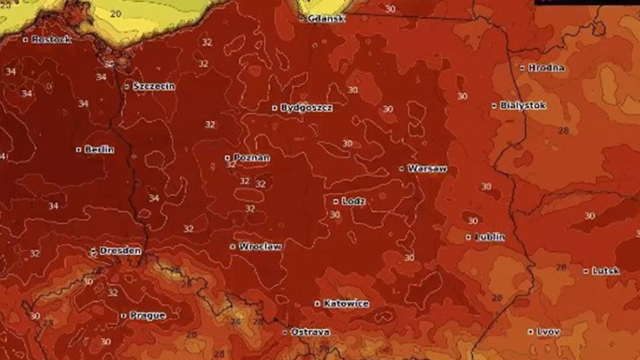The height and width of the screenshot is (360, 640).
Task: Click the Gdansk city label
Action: tap(326, 19)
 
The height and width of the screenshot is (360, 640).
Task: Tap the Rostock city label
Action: tap(51, 39)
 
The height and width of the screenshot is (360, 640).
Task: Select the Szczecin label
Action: tap(154, 86)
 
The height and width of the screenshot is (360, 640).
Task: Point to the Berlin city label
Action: tap(99, 150)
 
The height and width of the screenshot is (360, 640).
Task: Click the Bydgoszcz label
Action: tap(307, 108)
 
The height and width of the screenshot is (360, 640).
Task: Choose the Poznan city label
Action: tap(251, 158)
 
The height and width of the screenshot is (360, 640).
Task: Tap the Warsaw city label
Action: tap(427, 169)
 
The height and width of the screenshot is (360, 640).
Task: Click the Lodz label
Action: tap(354, 202)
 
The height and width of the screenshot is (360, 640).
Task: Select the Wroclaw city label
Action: tap(260, 246)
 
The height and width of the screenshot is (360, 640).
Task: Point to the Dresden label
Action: tap(120, 251)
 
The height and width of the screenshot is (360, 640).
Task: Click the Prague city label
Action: tap(147, 316)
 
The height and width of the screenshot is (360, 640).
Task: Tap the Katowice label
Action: tap(346, 303)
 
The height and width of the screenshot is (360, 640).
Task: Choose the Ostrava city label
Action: tap(310, 332)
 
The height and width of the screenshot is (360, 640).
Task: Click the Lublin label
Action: tap(490, 237)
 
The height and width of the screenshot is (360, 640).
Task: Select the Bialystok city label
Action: tap(523, 106)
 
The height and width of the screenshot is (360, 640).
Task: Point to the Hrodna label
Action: tap(546, 68)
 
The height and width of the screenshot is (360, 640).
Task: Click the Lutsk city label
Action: tap(605, 271)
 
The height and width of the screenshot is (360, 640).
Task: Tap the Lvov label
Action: tap(548, 332)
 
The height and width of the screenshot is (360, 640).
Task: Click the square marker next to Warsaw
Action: tap(402, 169)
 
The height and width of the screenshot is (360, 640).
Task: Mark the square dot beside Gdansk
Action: tap(302, 19)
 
